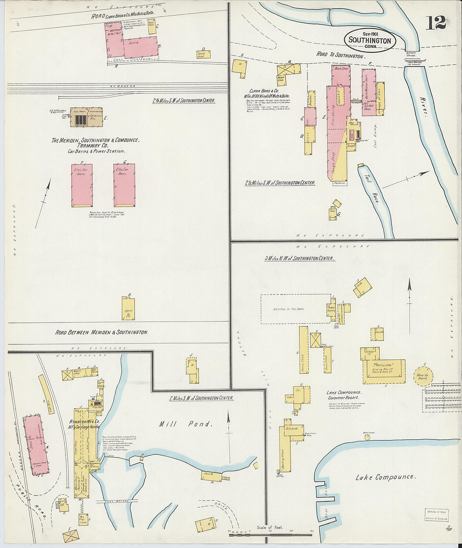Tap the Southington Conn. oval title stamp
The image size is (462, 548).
(370, 40)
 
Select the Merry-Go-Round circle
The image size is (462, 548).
(422, 375)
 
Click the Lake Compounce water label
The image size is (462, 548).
(385, 477)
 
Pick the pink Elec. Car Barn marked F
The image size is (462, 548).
(82, 185)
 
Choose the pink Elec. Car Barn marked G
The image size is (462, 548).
(124, 185)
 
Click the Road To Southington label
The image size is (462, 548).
(340, 55)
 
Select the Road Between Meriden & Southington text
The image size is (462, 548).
(102, 332)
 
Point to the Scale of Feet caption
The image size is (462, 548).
(270, 527)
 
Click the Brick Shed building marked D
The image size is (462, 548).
(204, 54)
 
